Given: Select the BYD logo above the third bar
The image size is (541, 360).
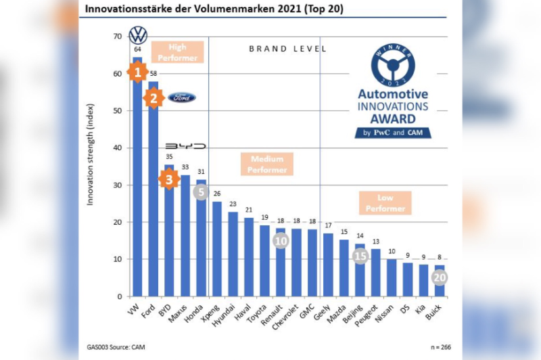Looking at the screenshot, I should click(x=185, y=146).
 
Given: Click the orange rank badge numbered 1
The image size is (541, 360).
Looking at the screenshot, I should click(x=137, y=72).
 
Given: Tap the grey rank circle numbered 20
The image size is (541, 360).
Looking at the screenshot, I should click(x=440, y=277).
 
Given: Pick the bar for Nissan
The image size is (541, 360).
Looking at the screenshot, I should click(x=392, y=277).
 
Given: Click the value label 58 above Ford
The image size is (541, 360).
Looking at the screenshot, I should click(x=153, y=74).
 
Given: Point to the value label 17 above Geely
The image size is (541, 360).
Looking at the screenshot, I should click(x=328, y=225).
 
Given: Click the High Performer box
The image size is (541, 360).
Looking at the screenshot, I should click(x=177, y=53).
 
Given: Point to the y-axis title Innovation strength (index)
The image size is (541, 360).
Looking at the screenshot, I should click(x=91, y=155).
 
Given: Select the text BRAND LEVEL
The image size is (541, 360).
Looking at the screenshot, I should click(x=288, y=49).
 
